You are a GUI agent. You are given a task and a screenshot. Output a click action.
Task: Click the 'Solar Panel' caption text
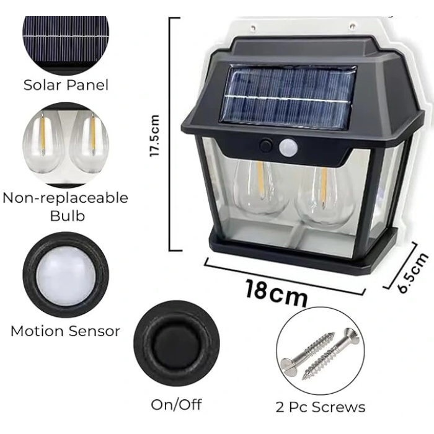click(66, 84)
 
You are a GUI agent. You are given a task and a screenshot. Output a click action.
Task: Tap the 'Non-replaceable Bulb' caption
click(65, 206)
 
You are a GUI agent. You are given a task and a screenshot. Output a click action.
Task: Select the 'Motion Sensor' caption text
click(65, 331)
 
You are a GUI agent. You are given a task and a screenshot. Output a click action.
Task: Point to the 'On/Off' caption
click(176, 404)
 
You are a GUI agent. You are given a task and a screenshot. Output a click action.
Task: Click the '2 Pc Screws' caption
click(321, 407)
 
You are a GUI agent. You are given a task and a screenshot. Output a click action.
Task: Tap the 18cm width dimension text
click(276, 291)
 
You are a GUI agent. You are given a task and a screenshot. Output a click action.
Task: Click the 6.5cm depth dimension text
click(414, 273)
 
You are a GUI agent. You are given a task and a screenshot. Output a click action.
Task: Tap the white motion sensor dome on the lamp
click(289, 148)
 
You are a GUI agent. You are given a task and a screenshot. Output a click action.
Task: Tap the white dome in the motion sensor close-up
click(65, 275)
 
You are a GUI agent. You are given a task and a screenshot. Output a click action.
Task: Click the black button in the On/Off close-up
click(177, 343)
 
